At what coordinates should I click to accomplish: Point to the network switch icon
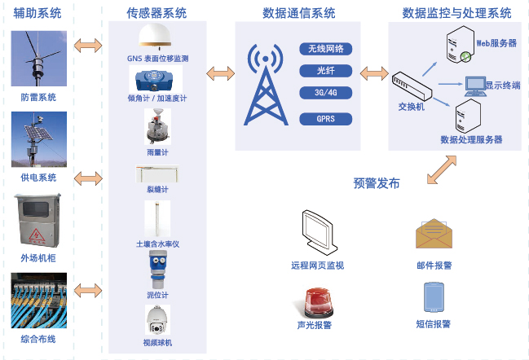tap(412, 86)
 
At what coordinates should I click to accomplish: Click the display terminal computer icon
tap(474, 84)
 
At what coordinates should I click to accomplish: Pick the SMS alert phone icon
tap(434, 296)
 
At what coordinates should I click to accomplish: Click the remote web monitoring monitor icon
tap(317, 232)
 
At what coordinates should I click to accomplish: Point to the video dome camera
tap(156, 320)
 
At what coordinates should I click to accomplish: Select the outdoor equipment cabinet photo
tap(38, 221)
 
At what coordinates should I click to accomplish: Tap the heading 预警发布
tap(377, 183)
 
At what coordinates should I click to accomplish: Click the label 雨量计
tap(156, 151)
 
